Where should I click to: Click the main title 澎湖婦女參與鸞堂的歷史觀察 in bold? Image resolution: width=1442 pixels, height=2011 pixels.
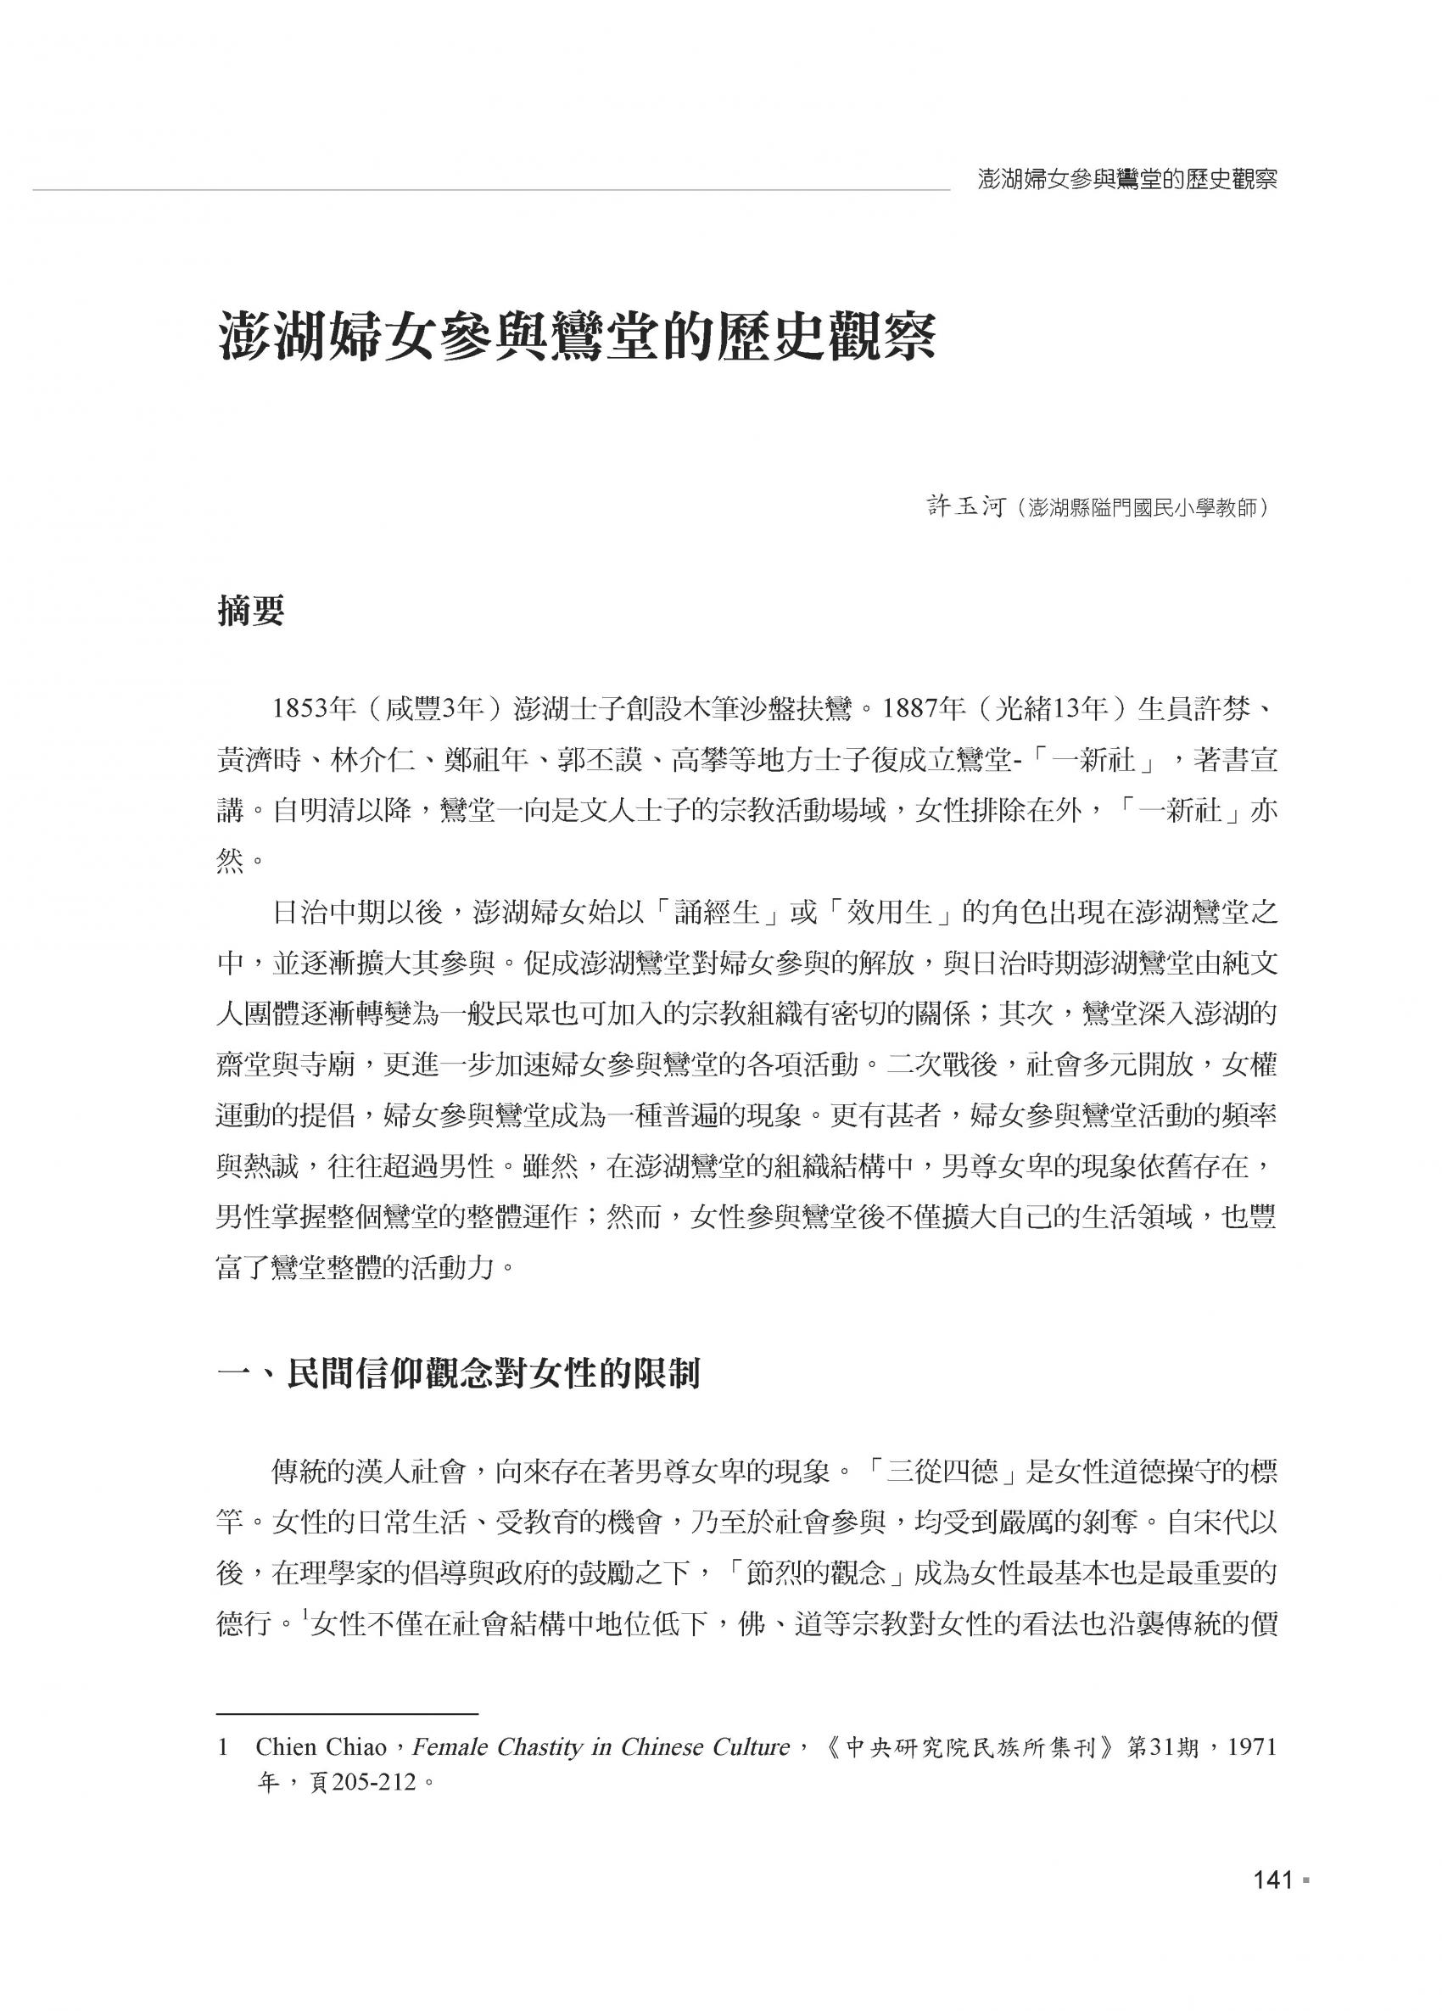[x=577, y=337]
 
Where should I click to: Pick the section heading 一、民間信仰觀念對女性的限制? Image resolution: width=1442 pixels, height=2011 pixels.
[x=459, y=1375]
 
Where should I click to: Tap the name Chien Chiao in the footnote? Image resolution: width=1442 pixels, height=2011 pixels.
[x=320, y=1748]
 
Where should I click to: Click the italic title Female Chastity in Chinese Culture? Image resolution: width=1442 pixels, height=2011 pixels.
[x=601, y=1748]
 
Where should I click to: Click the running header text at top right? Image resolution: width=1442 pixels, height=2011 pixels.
[x=1127, y=180]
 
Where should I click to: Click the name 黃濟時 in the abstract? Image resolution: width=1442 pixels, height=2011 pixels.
[x=259, y=761]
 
